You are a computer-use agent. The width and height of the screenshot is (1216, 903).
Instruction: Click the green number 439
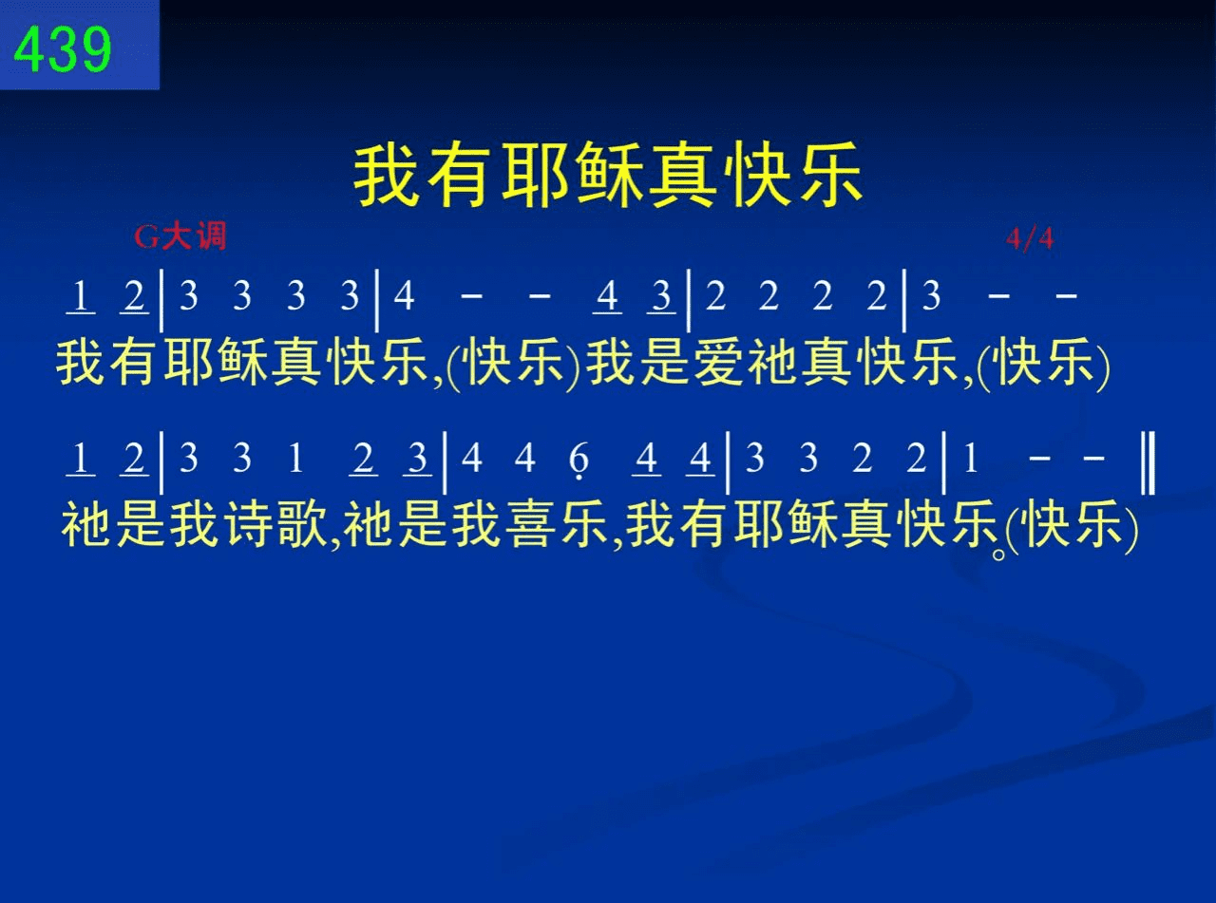[63, 48]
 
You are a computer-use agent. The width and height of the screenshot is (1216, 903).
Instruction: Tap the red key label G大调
[180, 236]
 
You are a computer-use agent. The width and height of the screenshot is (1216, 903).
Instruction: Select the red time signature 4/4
[1030, 238]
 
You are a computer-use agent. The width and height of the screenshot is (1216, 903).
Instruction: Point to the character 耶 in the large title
[534, 175]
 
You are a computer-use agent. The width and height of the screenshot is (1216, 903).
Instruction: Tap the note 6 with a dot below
[579, 461]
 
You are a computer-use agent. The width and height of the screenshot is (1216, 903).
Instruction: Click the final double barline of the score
[1148, 463]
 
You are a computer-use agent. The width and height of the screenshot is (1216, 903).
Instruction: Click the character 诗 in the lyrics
[248, 524]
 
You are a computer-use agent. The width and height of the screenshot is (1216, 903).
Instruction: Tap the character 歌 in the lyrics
[303, 524]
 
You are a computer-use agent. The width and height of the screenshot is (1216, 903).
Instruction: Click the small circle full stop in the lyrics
[998, 555]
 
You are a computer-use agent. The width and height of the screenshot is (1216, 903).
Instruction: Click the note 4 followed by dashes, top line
[404, 296]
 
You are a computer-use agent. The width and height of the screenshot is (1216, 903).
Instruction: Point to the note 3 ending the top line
[931, 296]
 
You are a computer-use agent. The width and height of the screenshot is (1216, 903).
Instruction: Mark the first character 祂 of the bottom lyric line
[86, 524]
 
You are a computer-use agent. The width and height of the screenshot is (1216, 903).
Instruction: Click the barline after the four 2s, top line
[904, 300]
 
